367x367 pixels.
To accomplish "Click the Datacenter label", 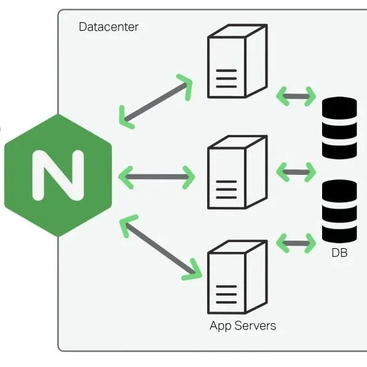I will pyautogui.click(x=109, y=27).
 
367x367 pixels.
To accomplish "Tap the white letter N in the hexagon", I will pyautogui.click(x=58, y=175).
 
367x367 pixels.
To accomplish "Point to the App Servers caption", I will pyautogui.click(x=243, y=326).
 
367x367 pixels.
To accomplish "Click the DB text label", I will pyautogui.click(x=339, y=252).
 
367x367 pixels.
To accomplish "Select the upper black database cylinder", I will pyautogui.click(x=339, y=128).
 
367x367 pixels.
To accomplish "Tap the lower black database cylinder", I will pyautogui.click(x=339, y=211).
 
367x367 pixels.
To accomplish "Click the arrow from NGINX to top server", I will pyautogui.click(x=155, y=100).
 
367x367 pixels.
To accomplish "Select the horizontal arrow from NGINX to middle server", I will pyautogui.click(x=156, y=177).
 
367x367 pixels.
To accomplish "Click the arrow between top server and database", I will pyautogui.click(x=296, y=96).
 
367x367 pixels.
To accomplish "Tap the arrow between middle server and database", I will pyautogui.click(x=296, y=172).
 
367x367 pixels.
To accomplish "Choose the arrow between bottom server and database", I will pyautogui.click(x=296, y=243).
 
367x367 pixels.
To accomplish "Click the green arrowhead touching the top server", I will pyautogui.click(x=185, y=84).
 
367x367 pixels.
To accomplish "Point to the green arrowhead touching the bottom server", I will pyautogui.click(x=193, y=270).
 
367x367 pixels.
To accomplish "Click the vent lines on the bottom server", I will pyautogui.click(x=226, y=296).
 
